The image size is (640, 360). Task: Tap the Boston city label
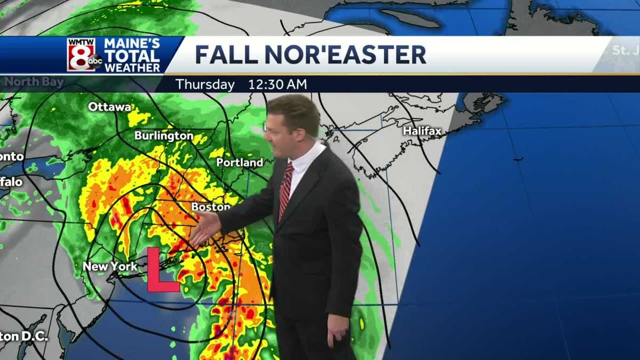(x=211, y=206)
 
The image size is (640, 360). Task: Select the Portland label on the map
(x=239, y=162)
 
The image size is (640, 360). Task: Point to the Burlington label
(x=164, y=135)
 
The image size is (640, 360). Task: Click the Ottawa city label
(x=109, y=107)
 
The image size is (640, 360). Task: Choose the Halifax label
(x=422, y=131)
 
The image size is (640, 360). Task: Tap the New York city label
(x=110, y=266)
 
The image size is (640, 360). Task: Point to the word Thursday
(x=205, y=84)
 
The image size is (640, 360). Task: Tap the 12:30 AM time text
(x=277, y=84)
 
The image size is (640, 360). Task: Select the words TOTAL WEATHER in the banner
(x=132, y=62)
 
